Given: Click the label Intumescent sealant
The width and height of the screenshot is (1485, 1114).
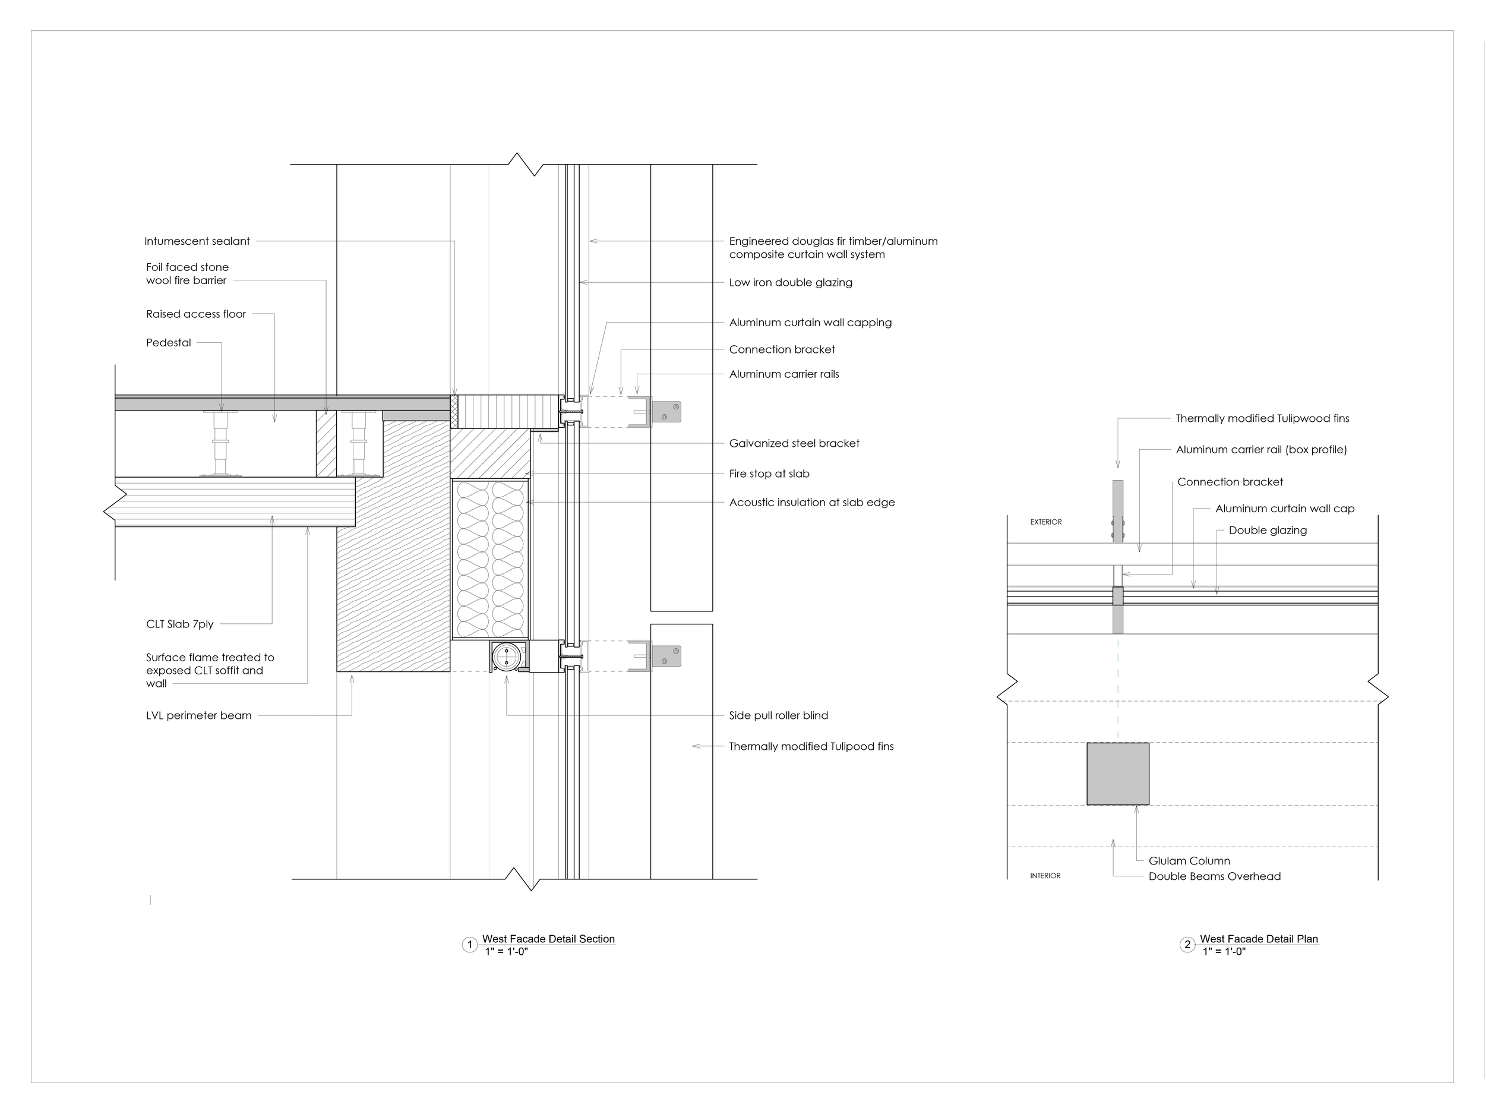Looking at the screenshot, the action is tap(197, 241).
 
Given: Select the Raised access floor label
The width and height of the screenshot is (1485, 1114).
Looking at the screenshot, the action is tap(196, 314).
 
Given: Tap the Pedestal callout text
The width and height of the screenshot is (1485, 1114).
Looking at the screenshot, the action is tap(169, 342).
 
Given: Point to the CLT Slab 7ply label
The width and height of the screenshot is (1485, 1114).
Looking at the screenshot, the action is tap(180, 624).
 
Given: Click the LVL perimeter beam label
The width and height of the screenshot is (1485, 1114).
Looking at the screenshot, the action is tap(199, 715).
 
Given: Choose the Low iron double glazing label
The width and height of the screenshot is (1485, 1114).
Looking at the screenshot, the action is tap(790, 282).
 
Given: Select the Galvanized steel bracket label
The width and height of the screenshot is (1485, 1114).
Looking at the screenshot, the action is tap(794, 443).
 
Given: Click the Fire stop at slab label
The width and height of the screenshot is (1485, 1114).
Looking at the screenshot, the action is tap(769, 474).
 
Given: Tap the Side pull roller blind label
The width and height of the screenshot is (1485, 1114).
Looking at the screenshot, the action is tap(778, 715).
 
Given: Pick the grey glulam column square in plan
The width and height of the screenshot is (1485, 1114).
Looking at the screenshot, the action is tap(1118, 774).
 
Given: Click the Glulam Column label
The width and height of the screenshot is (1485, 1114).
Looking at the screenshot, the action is tap(1189, 861).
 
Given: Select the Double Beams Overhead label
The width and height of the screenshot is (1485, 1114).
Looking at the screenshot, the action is tap(1215, 876).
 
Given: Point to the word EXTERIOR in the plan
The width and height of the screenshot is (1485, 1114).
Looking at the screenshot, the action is tap(1046, 522).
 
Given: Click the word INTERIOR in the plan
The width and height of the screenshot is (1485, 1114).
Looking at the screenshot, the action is tap(1045, 876).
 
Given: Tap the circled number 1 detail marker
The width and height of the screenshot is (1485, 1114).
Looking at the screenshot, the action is tap(470, 945).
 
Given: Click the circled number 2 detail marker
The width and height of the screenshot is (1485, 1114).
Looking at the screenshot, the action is tap(1187, 945).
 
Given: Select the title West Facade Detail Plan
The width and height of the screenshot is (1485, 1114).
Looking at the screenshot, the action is tap(1259, 939).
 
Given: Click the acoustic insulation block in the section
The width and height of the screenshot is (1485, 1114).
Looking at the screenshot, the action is tap(490, 558).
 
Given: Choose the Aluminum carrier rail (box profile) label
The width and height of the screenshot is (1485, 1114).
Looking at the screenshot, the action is tap(1261, 449).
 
